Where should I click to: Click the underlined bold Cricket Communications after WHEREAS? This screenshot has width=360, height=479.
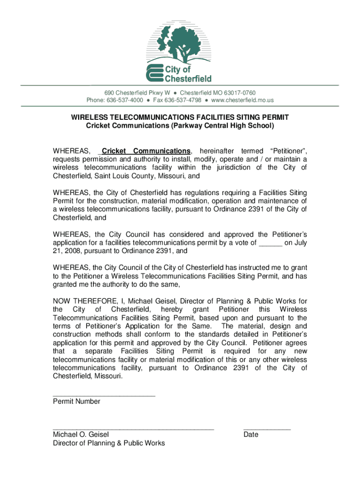[146, 151]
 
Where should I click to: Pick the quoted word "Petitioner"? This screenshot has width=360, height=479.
[287, 151]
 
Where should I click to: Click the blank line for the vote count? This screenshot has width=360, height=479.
[270, 243]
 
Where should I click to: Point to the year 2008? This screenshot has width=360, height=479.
[74, 251]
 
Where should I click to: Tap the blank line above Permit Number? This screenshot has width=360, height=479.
[104, 396]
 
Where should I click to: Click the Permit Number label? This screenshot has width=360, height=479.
[76, 401]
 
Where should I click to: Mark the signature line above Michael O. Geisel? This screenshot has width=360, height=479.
[133, 428]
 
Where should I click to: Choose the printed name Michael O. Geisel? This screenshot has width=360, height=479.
[80, 435]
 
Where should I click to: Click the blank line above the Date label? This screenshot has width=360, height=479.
[266, 428]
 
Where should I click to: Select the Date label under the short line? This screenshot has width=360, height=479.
[251, 435]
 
